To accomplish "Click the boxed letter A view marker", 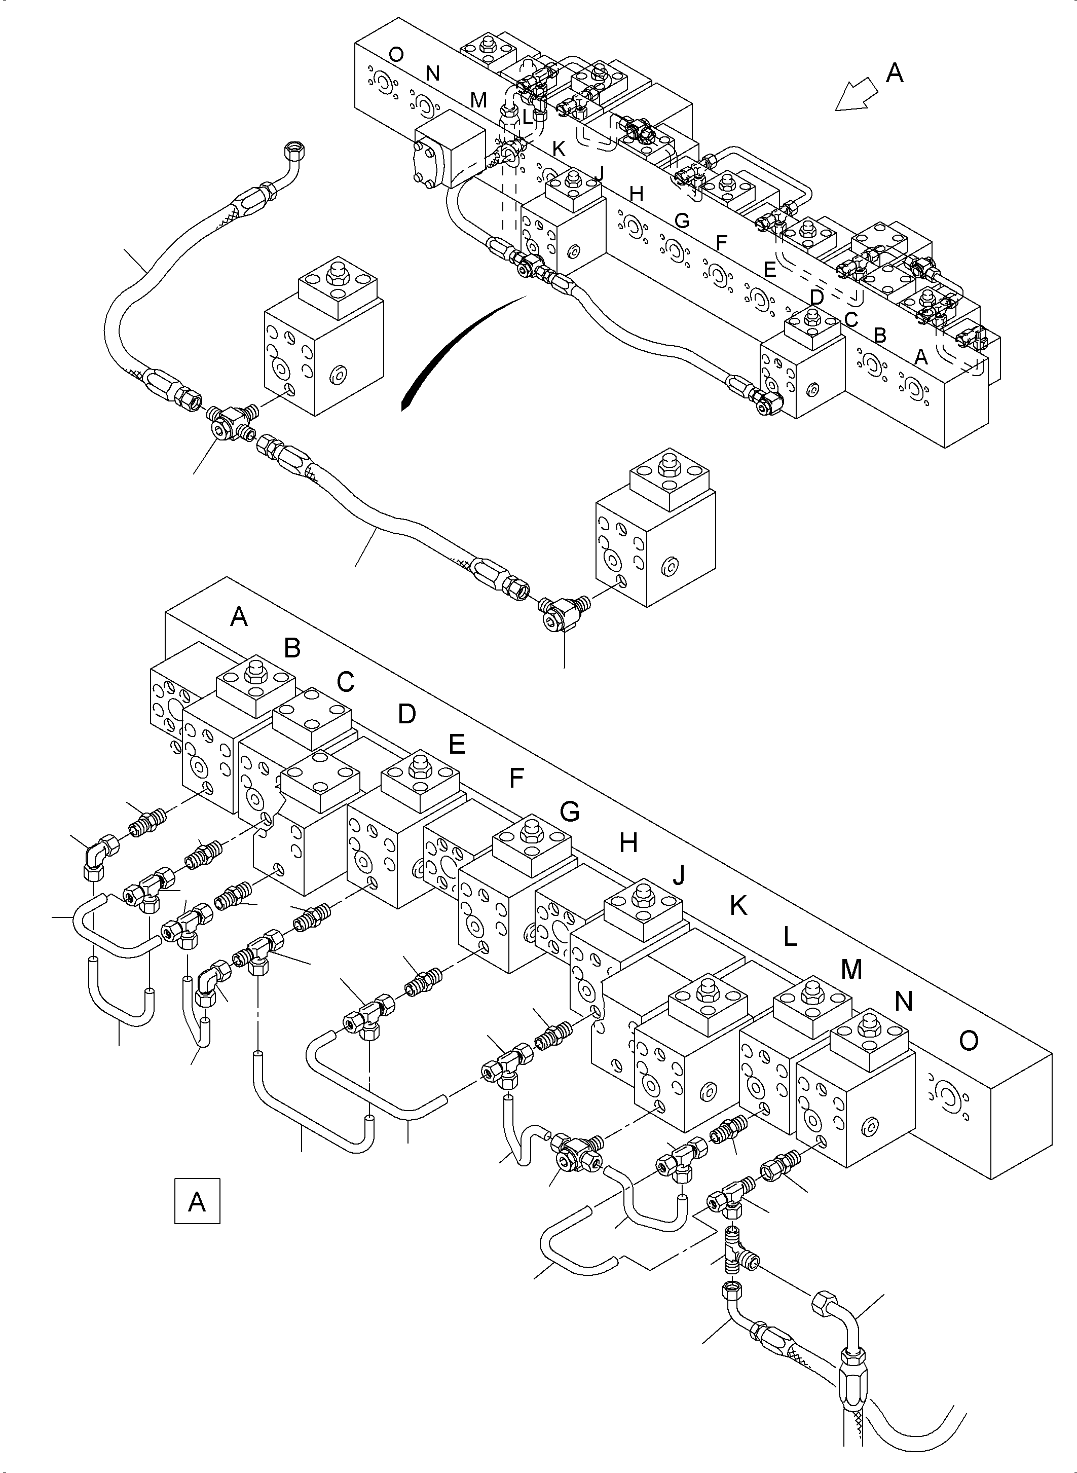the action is pos(197,1200).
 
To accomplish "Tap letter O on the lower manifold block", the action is pos(969,1041).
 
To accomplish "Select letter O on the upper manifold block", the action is pos(395,55).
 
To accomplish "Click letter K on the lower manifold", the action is pos(738,906).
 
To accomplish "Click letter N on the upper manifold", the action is pos(432,73).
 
